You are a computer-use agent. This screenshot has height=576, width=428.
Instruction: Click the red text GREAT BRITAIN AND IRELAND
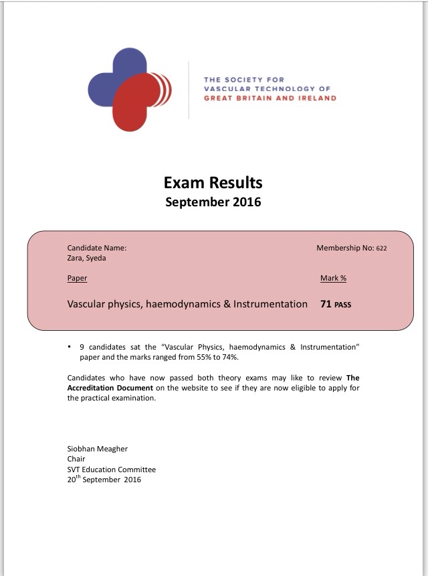[270, 98]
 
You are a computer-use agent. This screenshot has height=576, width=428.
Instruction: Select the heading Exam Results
[213, 182]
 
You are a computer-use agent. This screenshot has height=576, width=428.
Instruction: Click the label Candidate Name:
[97, 248]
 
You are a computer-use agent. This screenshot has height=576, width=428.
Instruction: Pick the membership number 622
[381, 248]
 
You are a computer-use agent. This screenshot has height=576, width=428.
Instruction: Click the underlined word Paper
[77, 278]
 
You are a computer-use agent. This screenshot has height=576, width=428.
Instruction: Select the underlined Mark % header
[333, 278]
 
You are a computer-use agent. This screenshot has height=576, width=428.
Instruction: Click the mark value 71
[326, 304]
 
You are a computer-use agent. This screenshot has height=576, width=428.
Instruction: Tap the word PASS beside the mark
[343, 305]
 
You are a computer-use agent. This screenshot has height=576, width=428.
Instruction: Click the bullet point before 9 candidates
[70, 347]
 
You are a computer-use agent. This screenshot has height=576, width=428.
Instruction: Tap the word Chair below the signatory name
[76, 459]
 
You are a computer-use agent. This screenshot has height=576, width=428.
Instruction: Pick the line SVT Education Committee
[112, 470]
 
